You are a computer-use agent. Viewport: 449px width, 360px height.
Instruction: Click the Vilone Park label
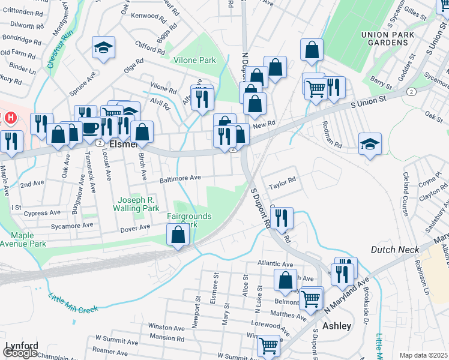click(x=194, y=61)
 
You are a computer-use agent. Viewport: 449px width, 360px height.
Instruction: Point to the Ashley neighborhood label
click(x=337, y=326)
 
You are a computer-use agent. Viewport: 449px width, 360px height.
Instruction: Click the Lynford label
click(x=22, y=346)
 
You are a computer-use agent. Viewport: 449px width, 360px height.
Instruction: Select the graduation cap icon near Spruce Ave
click(x=103, y=47)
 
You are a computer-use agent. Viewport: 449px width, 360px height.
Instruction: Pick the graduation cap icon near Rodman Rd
click(x=370, y=143)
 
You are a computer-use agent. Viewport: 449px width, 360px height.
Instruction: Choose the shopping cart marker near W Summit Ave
click(x=268, y=345)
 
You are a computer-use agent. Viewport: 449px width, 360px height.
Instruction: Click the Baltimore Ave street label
click(x=179, y=178)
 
